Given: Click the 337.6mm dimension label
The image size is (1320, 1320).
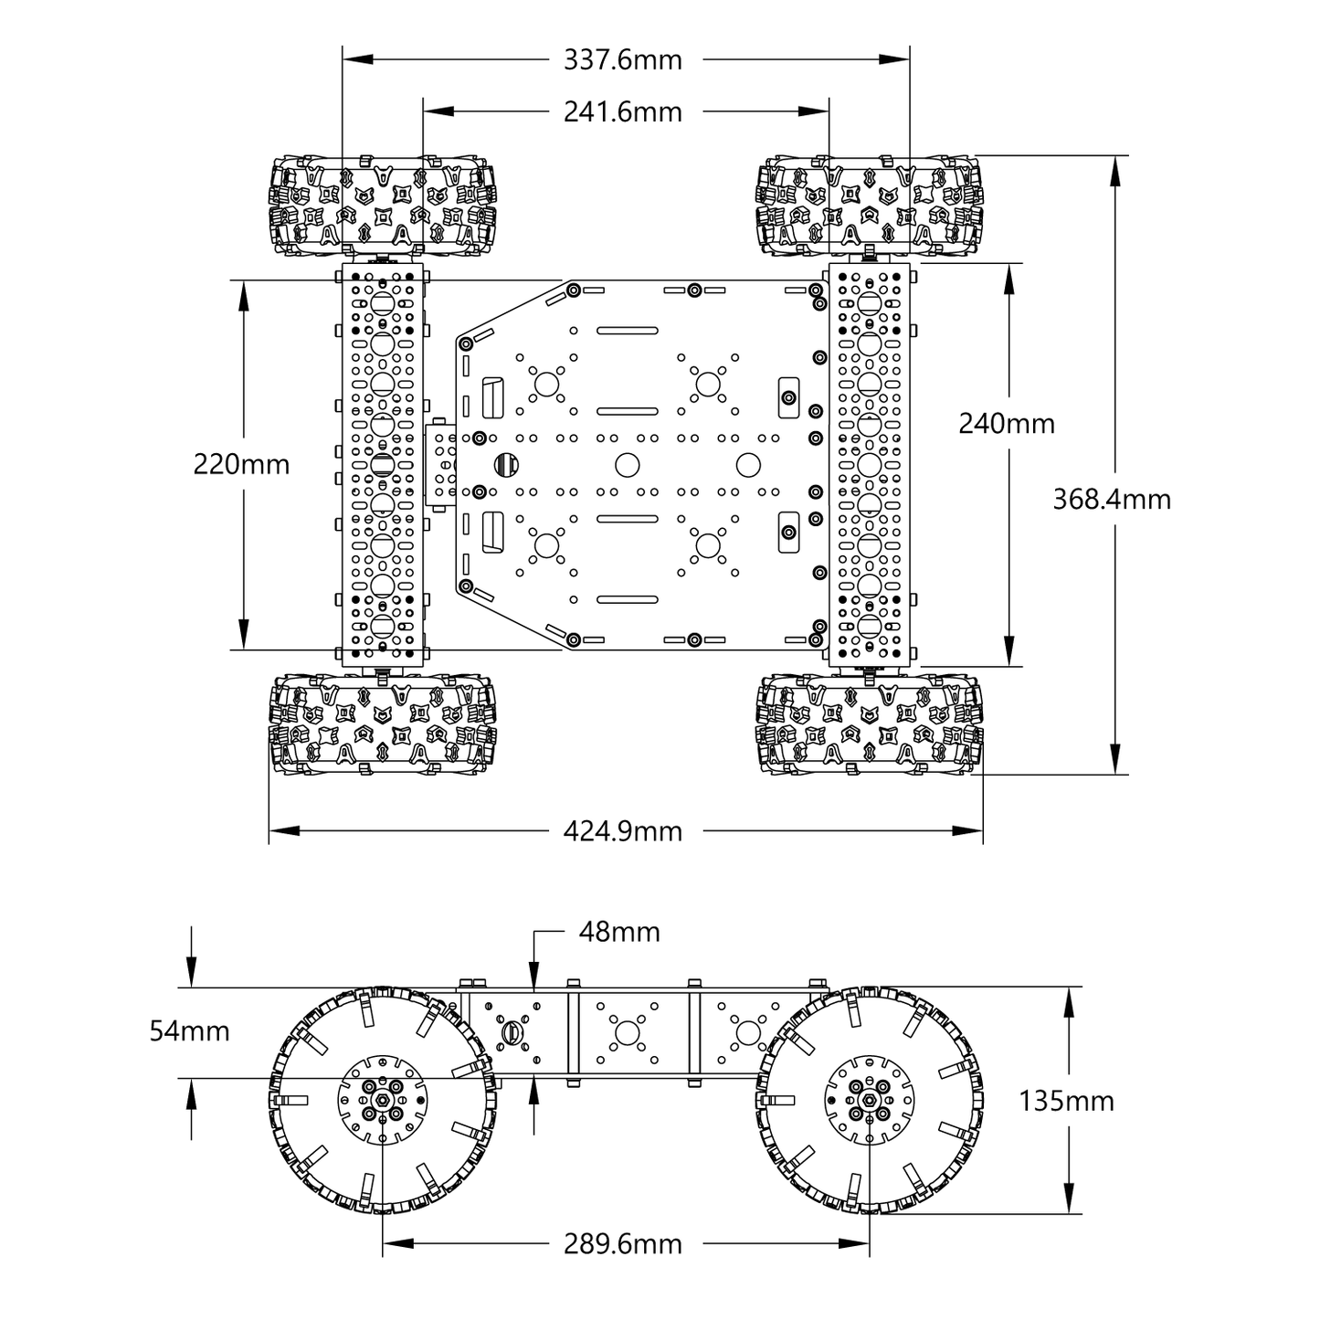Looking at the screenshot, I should pyautogui.click(x=622, y=60).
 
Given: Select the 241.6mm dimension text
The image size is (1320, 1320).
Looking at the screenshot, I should pyautogui.click(x=622, y=112).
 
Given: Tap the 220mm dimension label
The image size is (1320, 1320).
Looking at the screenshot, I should pyautogui.click(x=241, y=465).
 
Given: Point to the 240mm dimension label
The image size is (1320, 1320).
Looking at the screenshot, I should pyautogui.click(x=1006, y=424).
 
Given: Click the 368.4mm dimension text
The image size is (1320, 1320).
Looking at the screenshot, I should pyautogui.click(x=1111, y=500).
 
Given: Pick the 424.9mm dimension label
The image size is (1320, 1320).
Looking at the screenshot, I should pyautogui.click(x=622, y=831).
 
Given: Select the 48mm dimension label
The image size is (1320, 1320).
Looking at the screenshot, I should pyautogui.click(x=618, y=933).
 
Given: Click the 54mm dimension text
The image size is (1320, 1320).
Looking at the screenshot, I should pyautogui.click(x=189, y=1031).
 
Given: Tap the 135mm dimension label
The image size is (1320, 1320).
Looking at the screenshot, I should pyautogui.click(x=1066, y=1102).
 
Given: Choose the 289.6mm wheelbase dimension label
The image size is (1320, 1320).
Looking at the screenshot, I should pyautogui.click(x=622, y=1244).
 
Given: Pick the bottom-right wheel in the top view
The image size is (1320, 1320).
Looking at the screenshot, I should pyautogui.click(x=870, y=724).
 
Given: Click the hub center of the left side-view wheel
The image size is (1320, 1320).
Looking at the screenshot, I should pyautogui.click(x=382, y=1102).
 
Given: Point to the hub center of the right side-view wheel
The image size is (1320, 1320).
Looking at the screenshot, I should pyautogui.click(x=870, y=1102).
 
